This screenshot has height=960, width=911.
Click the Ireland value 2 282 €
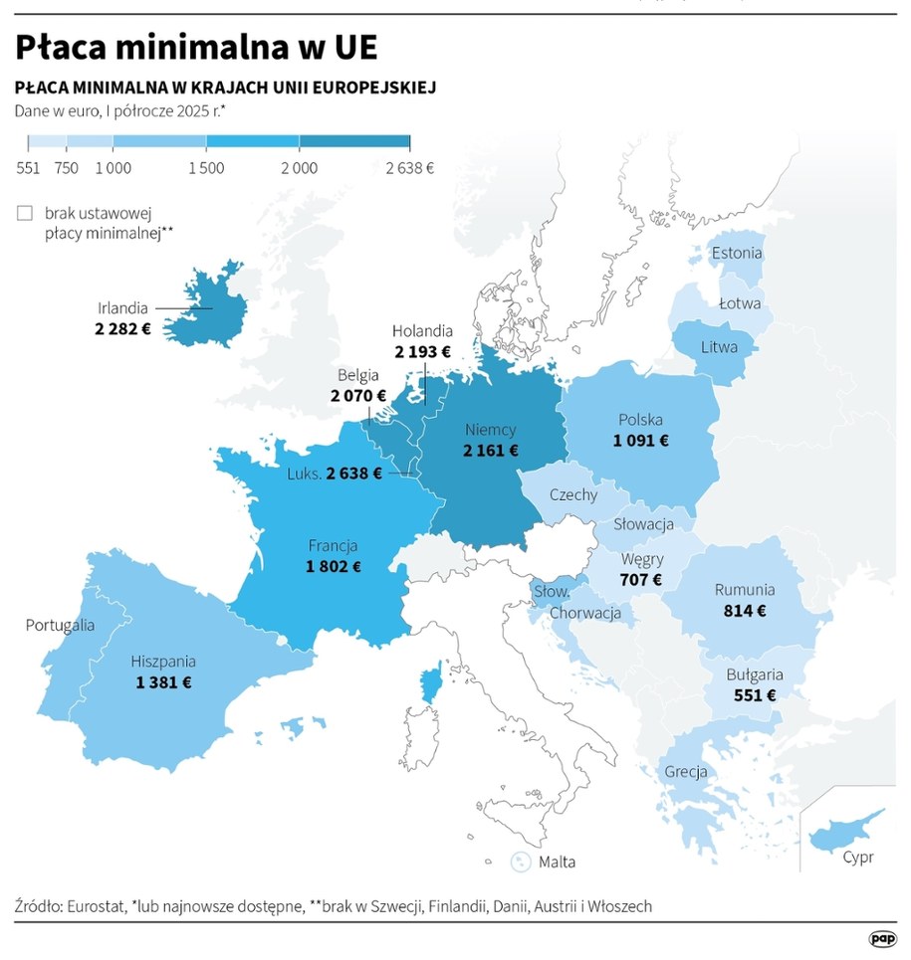tap(123, 327)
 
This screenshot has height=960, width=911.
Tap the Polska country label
tap(640, 420)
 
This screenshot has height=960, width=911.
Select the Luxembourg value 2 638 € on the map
tap(353, 474)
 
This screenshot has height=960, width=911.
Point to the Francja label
tap(333, 546)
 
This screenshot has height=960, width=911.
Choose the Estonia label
tap(737, 254)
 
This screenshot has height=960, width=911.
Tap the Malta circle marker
tap(520, 862)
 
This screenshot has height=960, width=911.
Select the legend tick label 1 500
tap(205, 168)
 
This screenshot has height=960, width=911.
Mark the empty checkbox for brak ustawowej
tap(25, 213)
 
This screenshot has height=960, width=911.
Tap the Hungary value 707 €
tap(641, 579)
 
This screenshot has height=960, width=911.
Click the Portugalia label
tap(60, 625)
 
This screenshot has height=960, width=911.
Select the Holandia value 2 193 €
tap(422, 351)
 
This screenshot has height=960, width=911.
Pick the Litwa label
tap(719, 347)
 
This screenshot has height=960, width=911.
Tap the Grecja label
tap(686, 771)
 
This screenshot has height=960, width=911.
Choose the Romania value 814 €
tap(744, 611)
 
